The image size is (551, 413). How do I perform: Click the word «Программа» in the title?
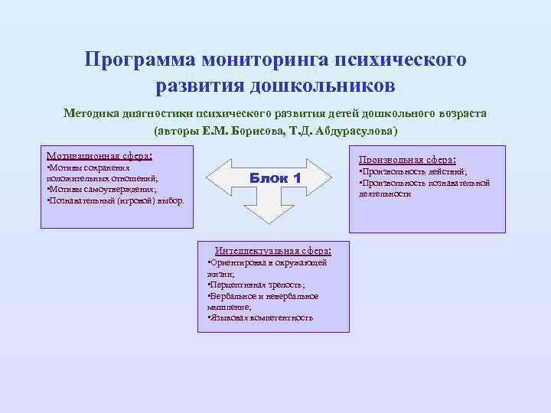[x=139, y=60]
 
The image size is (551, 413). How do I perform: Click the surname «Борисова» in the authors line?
[x=256, y=130]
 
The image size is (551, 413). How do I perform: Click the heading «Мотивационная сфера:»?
[x=99, y=154]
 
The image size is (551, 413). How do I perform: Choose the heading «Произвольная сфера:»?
[x=407, y=160]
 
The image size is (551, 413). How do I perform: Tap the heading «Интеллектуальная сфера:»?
[x=273, y=250]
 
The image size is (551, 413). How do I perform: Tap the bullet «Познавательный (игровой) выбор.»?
[x=115, y=200]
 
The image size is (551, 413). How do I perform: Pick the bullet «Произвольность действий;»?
[x=414, y=172]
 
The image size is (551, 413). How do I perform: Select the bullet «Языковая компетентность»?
[x=261, y=317]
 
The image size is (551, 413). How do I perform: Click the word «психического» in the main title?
[x=405, y=60]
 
